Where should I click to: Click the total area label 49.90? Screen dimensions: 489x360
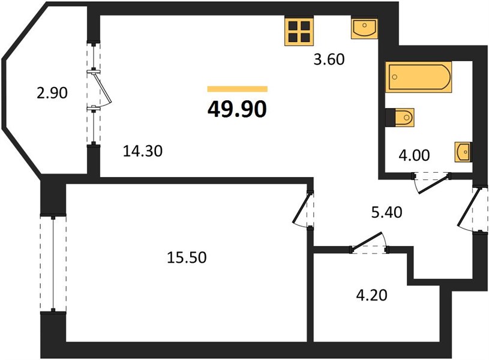point(237,109)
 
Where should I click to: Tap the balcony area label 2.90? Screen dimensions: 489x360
point(52,93)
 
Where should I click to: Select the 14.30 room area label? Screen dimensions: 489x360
point(143,151)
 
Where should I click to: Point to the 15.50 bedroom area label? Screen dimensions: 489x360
point(187,257)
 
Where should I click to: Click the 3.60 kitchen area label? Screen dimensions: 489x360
point(329,59)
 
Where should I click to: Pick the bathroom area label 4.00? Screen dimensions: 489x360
point(414,155)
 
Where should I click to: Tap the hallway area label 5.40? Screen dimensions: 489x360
point(387,212)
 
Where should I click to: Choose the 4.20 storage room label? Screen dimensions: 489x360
point(372,295)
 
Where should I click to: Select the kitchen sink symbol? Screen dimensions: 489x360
point(364,29)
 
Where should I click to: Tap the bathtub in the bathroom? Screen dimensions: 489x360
point(419,77)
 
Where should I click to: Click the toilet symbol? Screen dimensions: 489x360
point(400,117)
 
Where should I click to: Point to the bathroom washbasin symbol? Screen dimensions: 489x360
point(463,152)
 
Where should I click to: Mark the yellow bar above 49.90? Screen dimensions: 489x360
point(238,89)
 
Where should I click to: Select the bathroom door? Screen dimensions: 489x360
point(431,182)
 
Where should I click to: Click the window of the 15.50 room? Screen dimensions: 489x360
point(53,264)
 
